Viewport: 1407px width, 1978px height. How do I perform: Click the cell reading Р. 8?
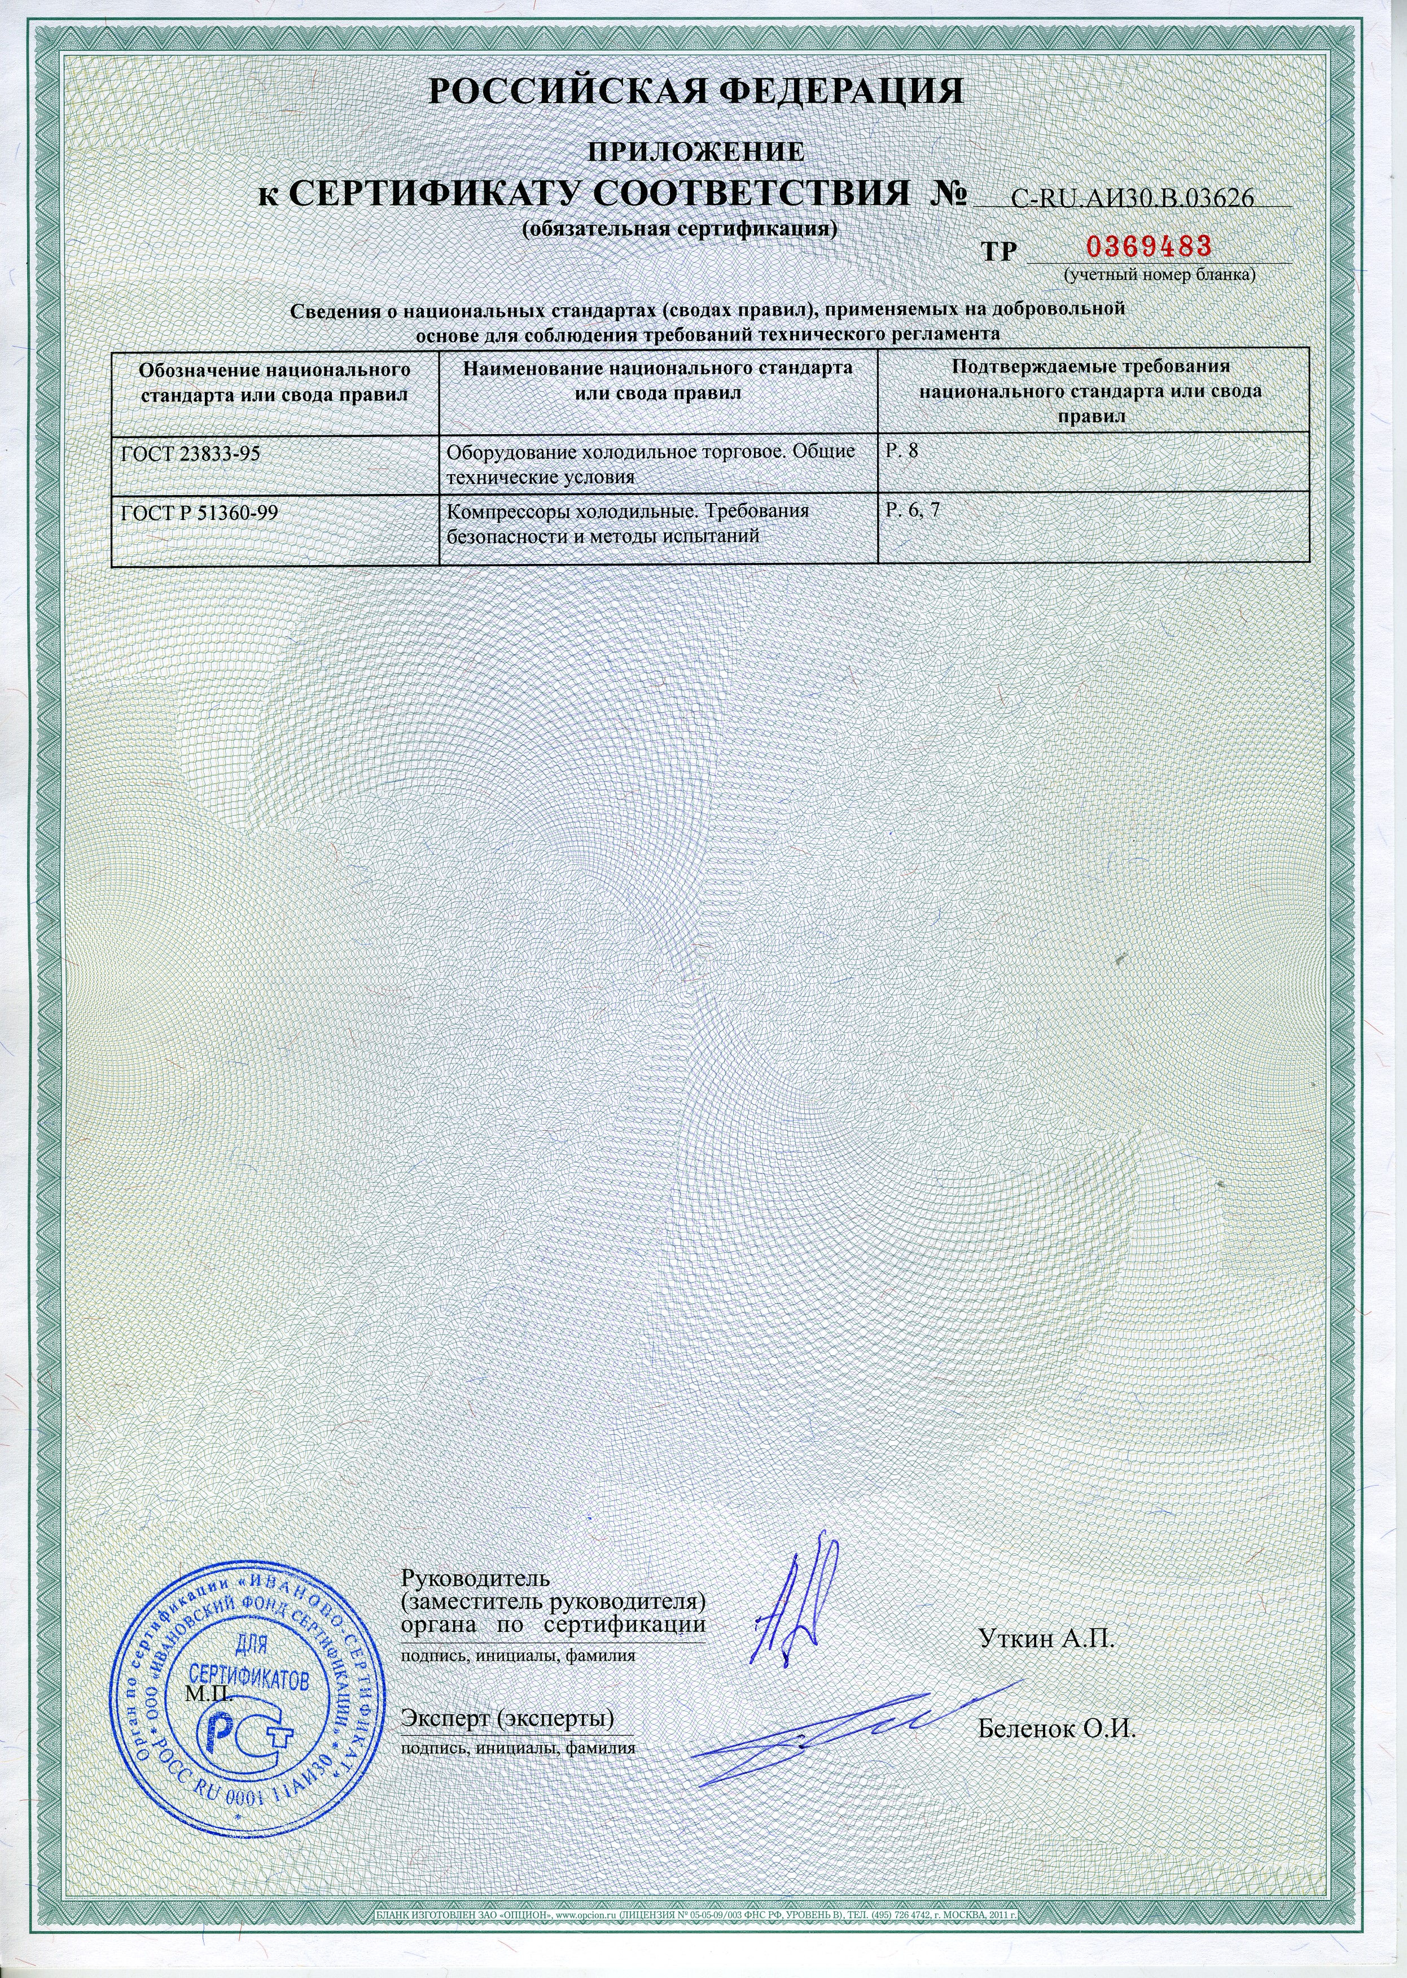point(901,452)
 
